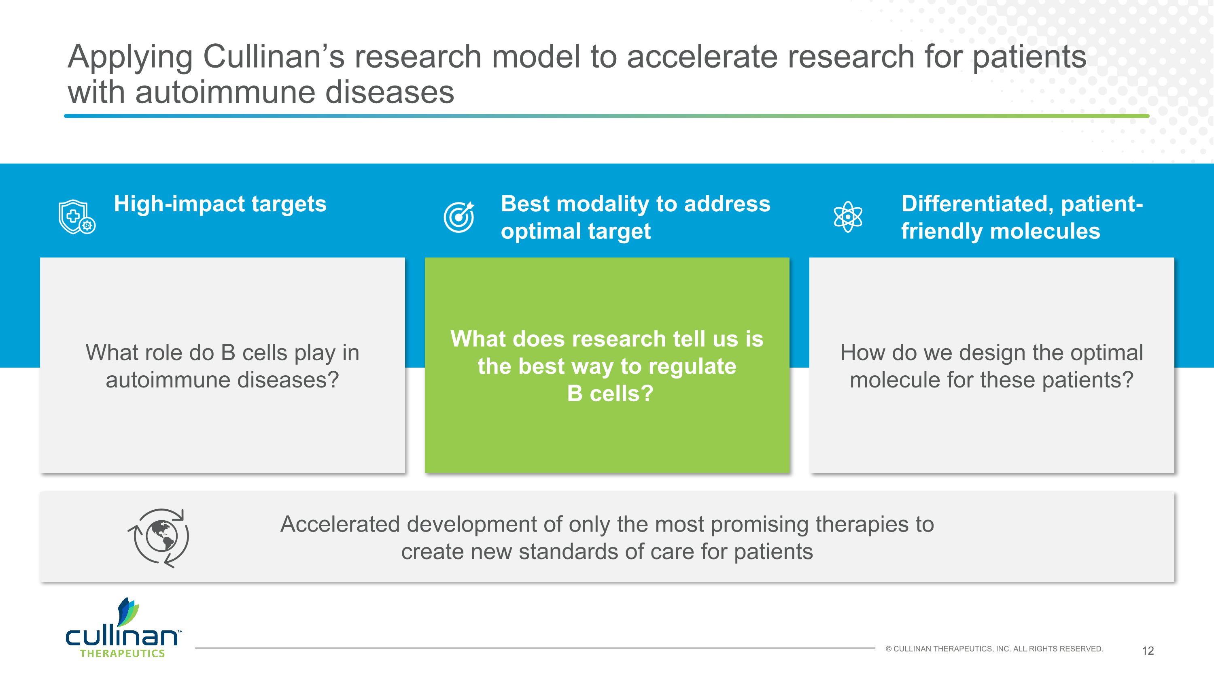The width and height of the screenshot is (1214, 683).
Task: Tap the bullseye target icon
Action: (x=458, y=217)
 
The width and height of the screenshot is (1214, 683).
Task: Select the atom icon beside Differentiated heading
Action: (x=847, y=217)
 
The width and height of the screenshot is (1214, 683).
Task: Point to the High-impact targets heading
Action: (x=220, y=204)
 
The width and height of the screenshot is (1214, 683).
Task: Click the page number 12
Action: (x=1148, y=651)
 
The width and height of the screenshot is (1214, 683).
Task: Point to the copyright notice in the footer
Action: (x=994, y=649)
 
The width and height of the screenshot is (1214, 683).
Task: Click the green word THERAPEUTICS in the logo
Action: (x=122, y=654)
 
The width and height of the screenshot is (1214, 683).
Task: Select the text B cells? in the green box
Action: (x=610, y=394)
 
